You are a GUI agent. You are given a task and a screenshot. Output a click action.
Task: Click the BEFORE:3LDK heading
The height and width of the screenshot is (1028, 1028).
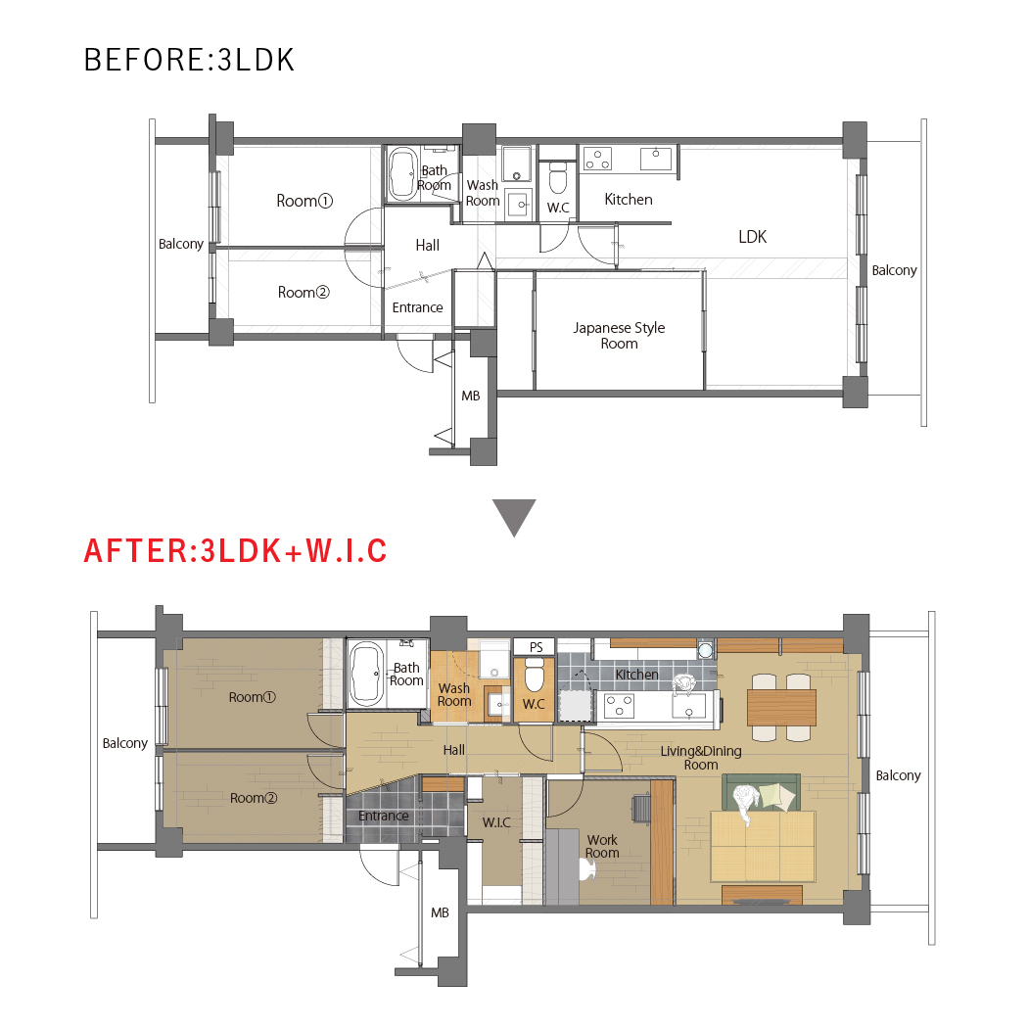coord(189,60)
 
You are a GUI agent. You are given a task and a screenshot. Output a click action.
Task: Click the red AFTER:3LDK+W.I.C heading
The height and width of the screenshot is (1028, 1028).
coord(235,550)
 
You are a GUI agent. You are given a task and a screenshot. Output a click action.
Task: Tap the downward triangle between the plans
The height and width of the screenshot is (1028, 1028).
coord(514,517)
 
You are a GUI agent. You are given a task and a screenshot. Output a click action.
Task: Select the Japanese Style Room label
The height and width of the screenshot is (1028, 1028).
coord(619,336)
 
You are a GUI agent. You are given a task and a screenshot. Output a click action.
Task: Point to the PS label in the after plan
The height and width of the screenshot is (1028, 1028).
coord(537,647)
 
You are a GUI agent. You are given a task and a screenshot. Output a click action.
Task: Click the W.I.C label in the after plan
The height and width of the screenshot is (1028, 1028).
coord(496,822)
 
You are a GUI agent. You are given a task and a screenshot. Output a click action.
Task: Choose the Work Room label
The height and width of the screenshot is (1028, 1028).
coord(602,847)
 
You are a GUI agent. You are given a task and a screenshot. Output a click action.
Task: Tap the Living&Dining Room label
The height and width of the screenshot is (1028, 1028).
coord(701,758)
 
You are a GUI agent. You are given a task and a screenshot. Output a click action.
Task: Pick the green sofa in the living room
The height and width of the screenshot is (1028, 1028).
coord(761,792)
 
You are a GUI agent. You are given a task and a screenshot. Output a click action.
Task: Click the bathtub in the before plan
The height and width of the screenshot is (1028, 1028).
coord(402,174)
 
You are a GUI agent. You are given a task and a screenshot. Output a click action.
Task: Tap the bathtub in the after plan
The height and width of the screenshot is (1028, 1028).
coord(367,674)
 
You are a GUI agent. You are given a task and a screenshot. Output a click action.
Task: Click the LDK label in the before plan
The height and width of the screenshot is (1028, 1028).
coord(753,237)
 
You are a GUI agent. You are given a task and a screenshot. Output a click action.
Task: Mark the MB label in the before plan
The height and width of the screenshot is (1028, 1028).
coord(471,396)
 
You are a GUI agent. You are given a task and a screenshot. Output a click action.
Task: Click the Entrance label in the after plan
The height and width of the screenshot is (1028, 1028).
coord(384,817)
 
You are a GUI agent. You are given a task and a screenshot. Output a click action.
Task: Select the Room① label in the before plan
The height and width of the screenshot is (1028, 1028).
coord(304,201)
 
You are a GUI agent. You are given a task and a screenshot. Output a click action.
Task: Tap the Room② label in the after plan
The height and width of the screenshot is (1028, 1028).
coord(254,798)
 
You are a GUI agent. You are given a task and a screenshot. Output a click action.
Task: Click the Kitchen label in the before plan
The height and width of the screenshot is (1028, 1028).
coord(629,200)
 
